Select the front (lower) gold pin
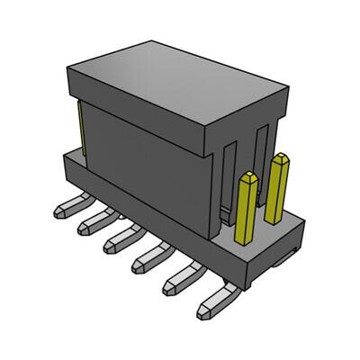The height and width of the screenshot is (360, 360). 245,211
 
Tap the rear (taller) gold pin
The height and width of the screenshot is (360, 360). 278,184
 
